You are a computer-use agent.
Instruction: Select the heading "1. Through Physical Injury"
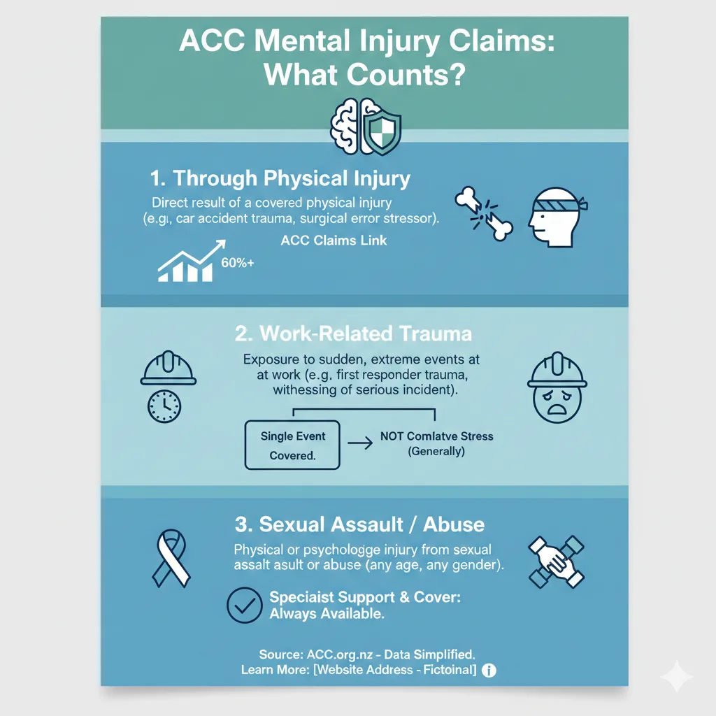pos(280,178)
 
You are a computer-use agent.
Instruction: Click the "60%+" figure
pos(237,264)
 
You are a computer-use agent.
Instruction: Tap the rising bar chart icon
pos(189,262)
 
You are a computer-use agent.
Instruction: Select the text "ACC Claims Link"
pos(334,241)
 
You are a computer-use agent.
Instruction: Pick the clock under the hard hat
pos(164,406)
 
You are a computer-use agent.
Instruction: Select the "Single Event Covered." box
pos(292,445)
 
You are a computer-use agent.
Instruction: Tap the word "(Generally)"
pos(436,451)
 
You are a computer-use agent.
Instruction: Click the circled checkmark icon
pos(245,605)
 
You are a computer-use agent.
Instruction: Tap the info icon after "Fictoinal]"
pos(489,671)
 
